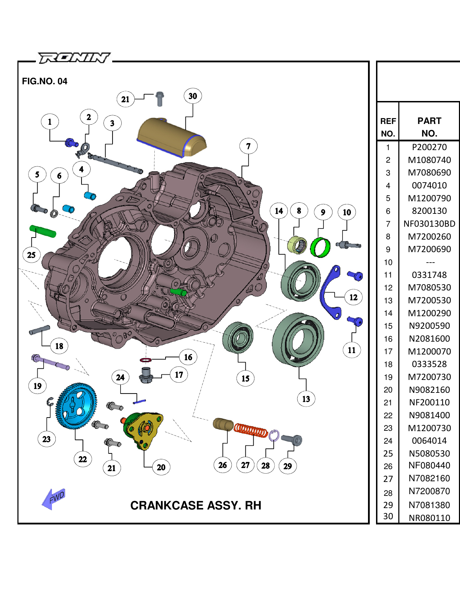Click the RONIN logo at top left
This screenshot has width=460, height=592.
[74, 57]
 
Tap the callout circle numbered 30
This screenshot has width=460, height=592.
[193, 96]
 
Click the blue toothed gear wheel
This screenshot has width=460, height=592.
[76, 406]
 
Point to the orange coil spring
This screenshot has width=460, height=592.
[251, 430]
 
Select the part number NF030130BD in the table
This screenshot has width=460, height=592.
[429, 224]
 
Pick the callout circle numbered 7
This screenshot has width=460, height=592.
[248, 146]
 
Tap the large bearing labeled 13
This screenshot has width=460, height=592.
[298, 339]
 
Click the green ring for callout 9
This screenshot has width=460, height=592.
[320, 247]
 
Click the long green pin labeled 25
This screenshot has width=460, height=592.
[43, 231]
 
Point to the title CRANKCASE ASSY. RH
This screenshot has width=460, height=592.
[195, 505]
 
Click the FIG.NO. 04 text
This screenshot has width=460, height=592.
[45, 81]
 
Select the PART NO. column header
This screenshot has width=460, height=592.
[429, 127]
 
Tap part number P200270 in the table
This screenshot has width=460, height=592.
[429, 147]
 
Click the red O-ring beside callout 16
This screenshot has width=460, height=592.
[145, 360]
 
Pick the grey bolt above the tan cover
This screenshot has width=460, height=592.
[160, 99]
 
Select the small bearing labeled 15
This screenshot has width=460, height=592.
[238, 337]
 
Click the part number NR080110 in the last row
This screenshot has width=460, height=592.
[429, 518]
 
